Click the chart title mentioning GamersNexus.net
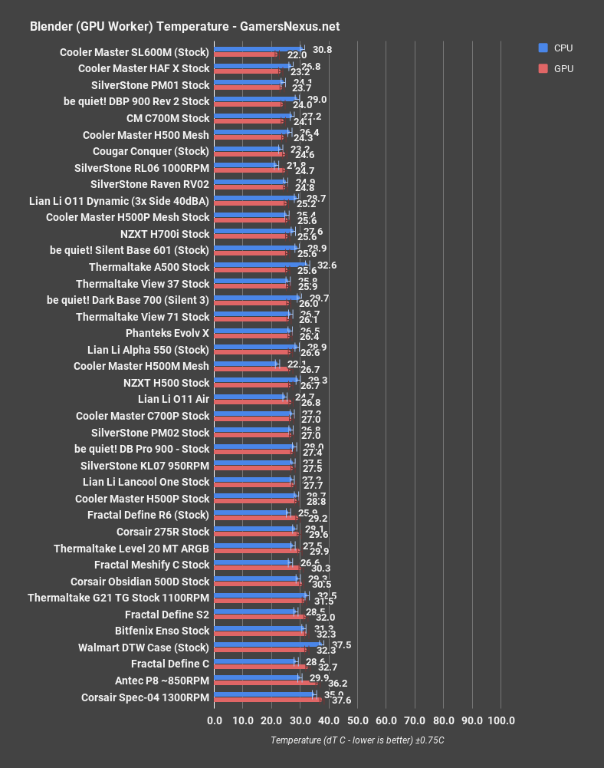coord(184,27)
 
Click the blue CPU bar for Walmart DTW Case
coord(268,644)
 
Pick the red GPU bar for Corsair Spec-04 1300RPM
coord(268,700)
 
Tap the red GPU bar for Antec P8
coord(266,683)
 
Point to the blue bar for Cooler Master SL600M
coord(258,49)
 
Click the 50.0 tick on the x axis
coord(357,720)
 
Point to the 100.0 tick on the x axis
coord(501,720)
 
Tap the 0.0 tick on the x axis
coord(215,720)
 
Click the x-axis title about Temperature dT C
coord(357,740)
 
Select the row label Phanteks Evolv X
coord(167,334)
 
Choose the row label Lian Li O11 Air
coord(173,400)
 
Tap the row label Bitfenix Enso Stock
coord(162,631)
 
